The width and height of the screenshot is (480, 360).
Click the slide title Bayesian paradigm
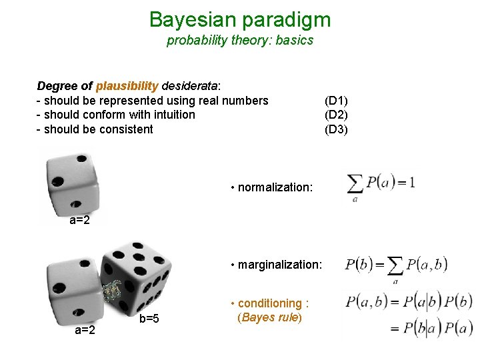tap(240, 19)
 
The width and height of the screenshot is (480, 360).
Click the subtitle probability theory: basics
tap(240, 40)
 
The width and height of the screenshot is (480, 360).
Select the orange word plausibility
tap(127, 86)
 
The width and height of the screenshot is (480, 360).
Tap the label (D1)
tap(336, 101)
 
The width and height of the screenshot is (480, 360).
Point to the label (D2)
tap(336, 115)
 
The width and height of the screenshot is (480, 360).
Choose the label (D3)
tap(336, 129)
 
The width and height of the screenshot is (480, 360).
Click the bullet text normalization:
tap(275, 187)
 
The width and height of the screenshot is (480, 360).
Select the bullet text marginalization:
tap(279, 265)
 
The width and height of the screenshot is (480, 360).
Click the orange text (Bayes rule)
tap(270, 317)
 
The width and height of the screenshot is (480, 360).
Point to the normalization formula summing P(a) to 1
tap(381, 185)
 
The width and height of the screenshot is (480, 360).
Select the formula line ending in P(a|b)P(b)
tap(409, 301)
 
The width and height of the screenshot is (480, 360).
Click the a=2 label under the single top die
tap(80, 221)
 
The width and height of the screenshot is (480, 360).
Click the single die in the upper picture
tap(70, 183)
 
